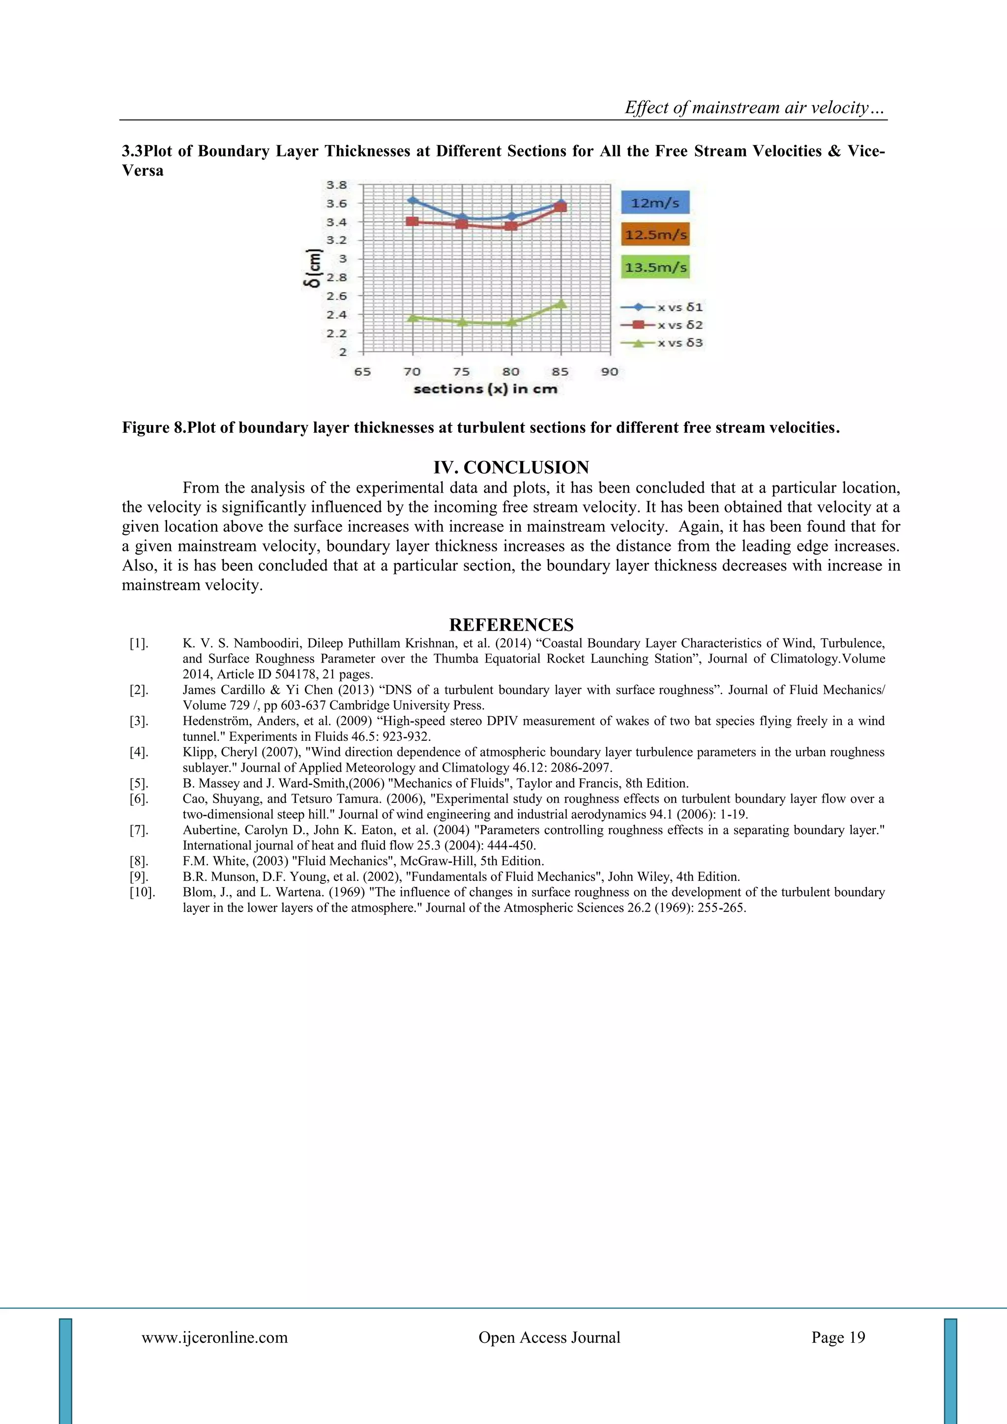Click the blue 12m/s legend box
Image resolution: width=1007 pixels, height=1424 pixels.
[655, 203]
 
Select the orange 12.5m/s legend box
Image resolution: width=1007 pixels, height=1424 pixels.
[655, 235]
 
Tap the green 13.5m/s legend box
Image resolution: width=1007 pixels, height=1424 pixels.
[655, 267]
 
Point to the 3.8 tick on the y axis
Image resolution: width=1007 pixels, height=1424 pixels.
[337, 185]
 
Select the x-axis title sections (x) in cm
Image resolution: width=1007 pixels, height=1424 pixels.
[485, 390]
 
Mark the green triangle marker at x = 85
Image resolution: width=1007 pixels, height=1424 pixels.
[561, 303]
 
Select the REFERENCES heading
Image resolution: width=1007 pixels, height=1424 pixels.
[511, 625]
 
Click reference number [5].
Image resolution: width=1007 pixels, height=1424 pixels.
[138, 784]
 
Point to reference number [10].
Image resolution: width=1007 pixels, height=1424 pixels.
[142, 892]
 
